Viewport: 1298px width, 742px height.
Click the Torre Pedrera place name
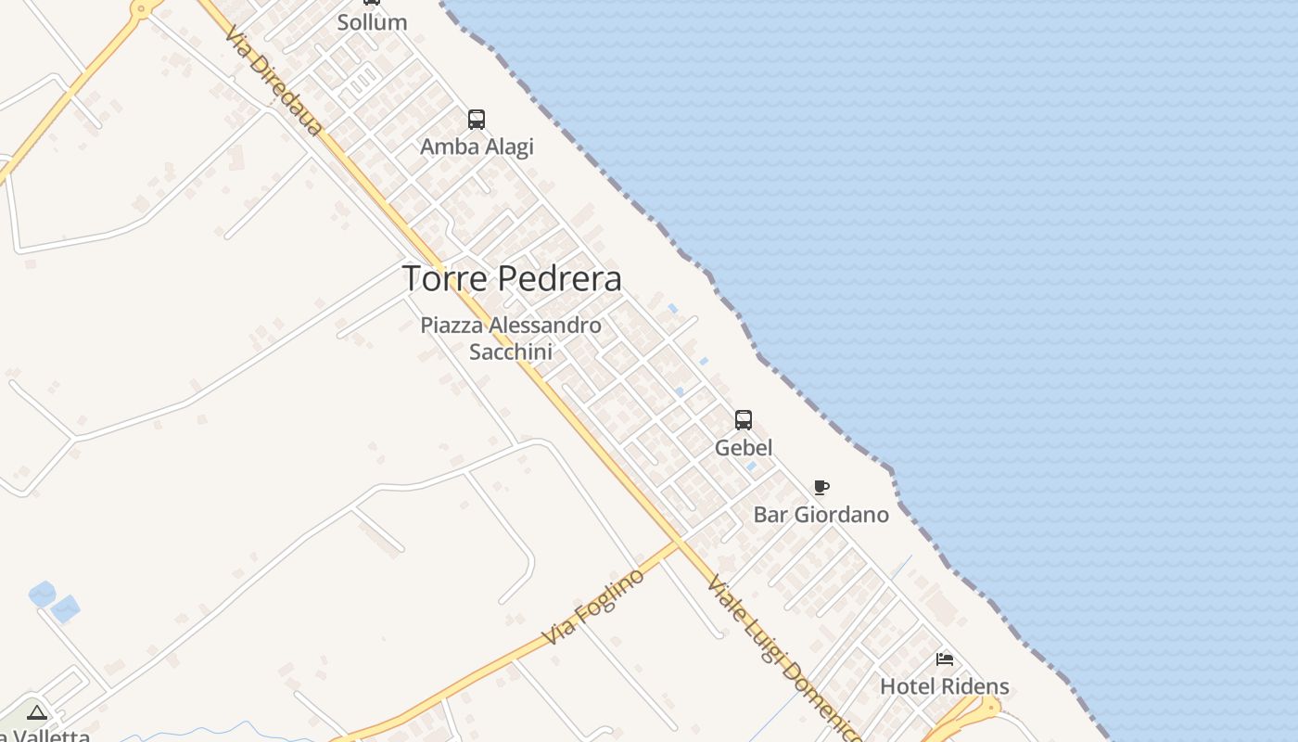(512, 278)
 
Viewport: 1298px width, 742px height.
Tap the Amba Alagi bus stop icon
(477, 120)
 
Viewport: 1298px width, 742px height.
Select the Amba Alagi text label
(477, 147)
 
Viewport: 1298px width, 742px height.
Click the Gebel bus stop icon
(744, 420)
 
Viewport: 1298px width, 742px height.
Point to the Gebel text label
(744, 448)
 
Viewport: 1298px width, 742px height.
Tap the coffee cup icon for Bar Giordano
(821, 487)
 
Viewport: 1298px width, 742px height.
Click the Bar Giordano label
(821, 515)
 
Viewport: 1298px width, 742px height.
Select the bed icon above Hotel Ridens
(945, 659)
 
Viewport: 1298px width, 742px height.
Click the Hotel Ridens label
(945, 687)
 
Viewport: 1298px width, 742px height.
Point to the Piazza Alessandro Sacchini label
(511, 339)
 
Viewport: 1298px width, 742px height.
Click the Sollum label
(372, 22)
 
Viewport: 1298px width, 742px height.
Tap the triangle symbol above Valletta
(37, 713)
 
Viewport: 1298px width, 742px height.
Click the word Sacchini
(511, 352)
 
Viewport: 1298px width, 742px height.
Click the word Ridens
(975, 687)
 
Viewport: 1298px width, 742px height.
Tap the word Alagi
(506, 147)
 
